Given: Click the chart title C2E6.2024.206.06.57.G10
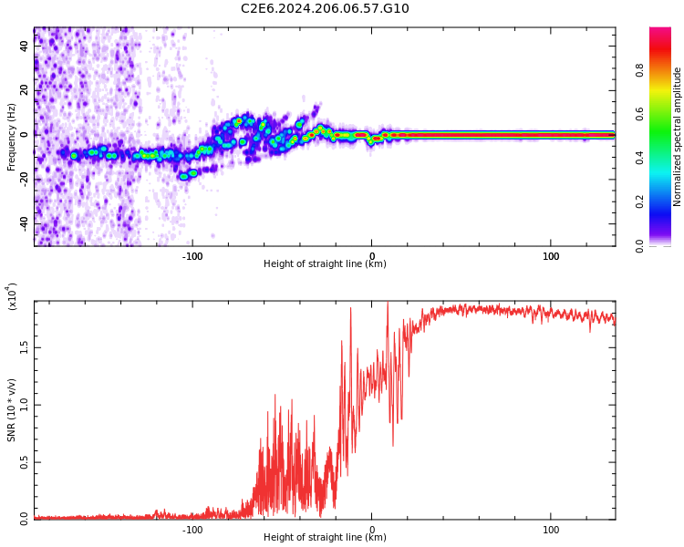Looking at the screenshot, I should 325,9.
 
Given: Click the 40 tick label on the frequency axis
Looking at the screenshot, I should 25,46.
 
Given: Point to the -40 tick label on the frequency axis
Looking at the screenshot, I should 23,222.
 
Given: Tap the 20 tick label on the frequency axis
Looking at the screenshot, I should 25,90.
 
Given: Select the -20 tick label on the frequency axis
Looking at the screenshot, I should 23,179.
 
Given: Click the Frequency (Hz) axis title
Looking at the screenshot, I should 12,136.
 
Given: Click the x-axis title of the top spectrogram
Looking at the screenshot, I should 325,264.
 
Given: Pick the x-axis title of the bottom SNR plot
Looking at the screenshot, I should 325,538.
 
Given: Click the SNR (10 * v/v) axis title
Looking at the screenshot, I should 12,411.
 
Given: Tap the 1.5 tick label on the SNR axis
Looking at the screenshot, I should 25,347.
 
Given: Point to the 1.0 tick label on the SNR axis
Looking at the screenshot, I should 25,405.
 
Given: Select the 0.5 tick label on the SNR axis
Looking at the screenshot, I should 25,462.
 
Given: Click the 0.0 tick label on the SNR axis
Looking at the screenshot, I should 25,519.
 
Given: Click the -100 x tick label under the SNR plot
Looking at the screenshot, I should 192,530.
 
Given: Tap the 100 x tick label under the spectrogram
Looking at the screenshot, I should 551,256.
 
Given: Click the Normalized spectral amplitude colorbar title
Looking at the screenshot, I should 678,136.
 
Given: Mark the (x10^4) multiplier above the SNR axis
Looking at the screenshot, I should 12,296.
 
